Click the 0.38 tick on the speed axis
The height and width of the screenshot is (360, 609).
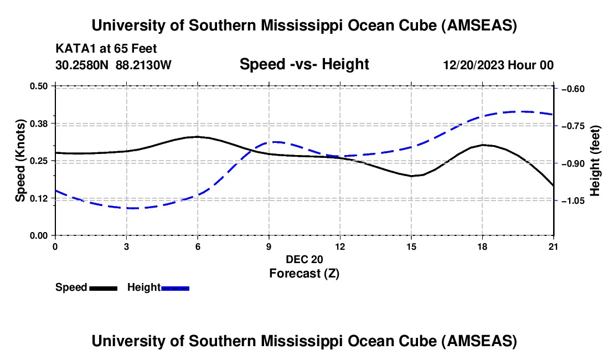point(39,123)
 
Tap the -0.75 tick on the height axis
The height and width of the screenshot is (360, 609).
point(573,126)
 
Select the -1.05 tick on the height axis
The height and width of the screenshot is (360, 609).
point(573,201)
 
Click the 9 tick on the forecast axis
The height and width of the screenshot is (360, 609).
point(269,245)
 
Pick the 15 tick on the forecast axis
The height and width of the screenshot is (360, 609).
point(411,245)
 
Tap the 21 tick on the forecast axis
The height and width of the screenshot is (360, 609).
point(553,245)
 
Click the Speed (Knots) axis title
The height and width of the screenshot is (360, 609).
point(20,161)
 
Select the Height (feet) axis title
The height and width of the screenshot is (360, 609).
point(595,161)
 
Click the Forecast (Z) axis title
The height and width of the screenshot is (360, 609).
point(304,273)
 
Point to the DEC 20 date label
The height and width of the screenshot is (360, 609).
point(304,259)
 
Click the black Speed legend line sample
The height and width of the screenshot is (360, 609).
point(103,287)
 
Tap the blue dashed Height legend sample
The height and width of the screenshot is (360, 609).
point(175,287)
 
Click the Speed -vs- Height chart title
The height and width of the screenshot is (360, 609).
point(304,64)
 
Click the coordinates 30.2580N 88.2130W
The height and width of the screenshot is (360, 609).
point(113,65)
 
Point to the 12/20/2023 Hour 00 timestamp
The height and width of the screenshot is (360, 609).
point(498,65)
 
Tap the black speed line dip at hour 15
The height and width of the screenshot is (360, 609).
point(412,176)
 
